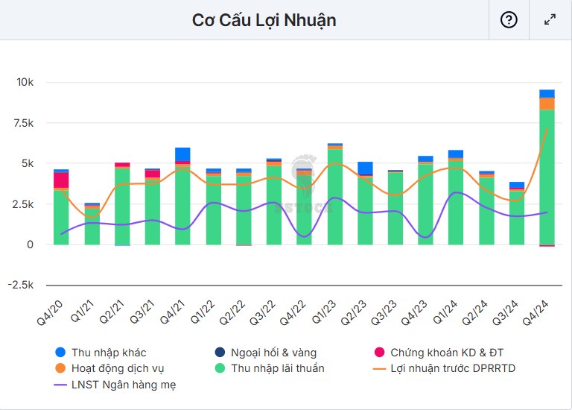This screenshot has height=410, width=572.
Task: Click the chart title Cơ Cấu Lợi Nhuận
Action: click(x=264, y=20)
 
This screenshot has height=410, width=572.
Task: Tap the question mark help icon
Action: click(x=509, y=20)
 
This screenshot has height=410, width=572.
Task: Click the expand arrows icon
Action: click(x=550, y=20)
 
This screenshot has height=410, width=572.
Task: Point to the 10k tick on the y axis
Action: click(x=26, y=82)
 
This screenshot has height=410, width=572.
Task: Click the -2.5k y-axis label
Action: click(x=22, y=285)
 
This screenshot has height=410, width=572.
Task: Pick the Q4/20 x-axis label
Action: click(x=52, y=309)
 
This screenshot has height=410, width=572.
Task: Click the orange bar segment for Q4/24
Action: click(x=547, y=104)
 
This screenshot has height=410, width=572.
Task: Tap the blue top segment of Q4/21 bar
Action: click(x=182, y=154)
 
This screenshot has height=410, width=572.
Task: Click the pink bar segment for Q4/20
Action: click(x=61, y=180)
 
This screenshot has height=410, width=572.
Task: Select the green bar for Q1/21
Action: click(x=92, y=226)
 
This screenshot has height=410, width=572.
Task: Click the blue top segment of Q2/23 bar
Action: click(x=365, y=168)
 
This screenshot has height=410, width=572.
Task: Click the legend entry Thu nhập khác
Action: click(x=113, y=352)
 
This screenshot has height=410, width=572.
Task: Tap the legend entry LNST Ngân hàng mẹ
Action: click(x=123, y=385)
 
